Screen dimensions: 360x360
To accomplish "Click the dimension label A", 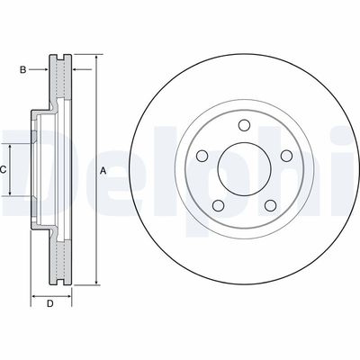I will click(x=103, y=171).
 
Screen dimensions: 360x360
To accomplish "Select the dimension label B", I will click(x=22, y=67).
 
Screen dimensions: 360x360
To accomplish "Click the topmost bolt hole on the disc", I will click(x=244, y=126).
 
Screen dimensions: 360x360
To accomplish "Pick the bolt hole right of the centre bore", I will click(x=286, y=157).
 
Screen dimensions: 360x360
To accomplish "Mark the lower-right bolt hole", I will click(x=270, y=205).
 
